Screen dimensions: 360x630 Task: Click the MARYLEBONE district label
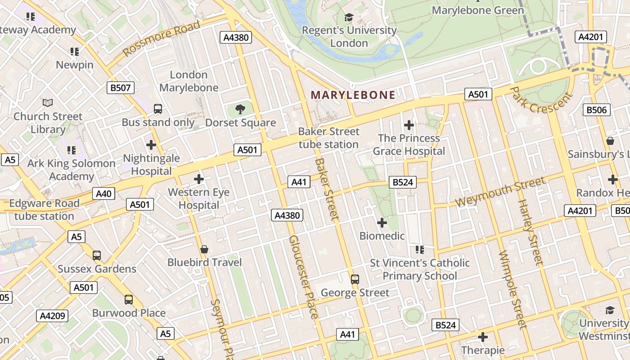coord(353,95)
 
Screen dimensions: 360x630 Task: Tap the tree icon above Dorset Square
coord(240,108)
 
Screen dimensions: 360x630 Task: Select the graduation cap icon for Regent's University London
coord(349,18)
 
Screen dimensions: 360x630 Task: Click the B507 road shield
coord(121,88)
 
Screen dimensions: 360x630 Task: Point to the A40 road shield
coord(103,194)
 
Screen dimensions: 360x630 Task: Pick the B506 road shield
coord(597,110)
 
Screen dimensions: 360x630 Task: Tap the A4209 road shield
coord(52,316)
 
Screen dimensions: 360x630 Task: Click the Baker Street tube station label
coord(329,138)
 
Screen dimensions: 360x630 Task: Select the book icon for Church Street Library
coord(48,103)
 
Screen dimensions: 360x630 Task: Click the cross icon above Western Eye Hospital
coord(198,179)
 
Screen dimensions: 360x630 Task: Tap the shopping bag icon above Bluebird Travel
coord(204,249)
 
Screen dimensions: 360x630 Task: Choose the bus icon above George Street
coord(355,279)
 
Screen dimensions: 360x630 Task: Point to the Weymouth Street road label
coord(500,192)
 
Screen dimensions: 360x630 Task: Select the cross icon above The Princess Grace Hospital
coord(409,125)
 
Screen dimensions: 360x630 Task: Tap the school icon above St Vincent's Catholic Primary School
coord(420,249)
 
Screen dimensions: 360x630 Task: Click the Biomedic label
coord(382,236)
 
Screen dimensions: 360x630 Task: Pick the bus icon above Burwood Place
coord(129,300)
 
